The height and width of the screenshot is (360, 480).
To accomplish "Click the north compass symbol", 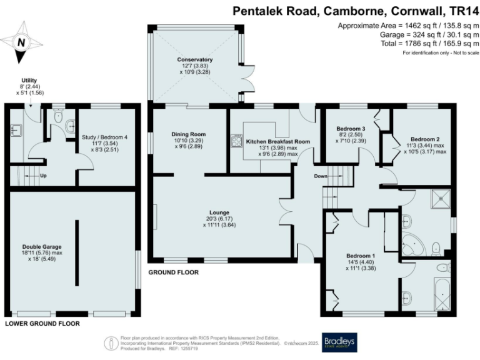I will pos(21,42).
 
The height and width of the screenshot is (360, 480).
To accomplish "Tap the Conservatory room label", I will pos(195,60).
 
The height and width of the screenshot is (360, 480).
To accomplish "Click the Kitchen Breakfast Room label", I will pos(278,142).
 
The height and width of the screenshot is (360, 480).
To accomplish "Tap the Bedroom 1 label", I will pos(361,255).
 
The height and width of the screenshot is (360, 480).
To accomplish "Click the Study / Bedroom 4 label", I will pos(104,137).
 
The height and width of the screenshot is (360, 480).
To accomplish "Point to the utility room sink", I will pos(16,130).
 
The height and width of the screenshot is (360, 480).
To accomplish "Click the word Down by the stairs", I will pos(321,176).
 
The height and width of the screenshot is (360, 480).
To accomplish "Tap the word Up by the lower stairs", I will pos(43,176).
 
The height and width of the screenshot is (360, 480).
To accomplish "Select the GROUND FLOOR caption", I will pos(173,272).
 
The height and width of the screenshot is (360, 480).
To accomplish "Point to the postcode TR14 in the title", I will pos(464,11).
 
